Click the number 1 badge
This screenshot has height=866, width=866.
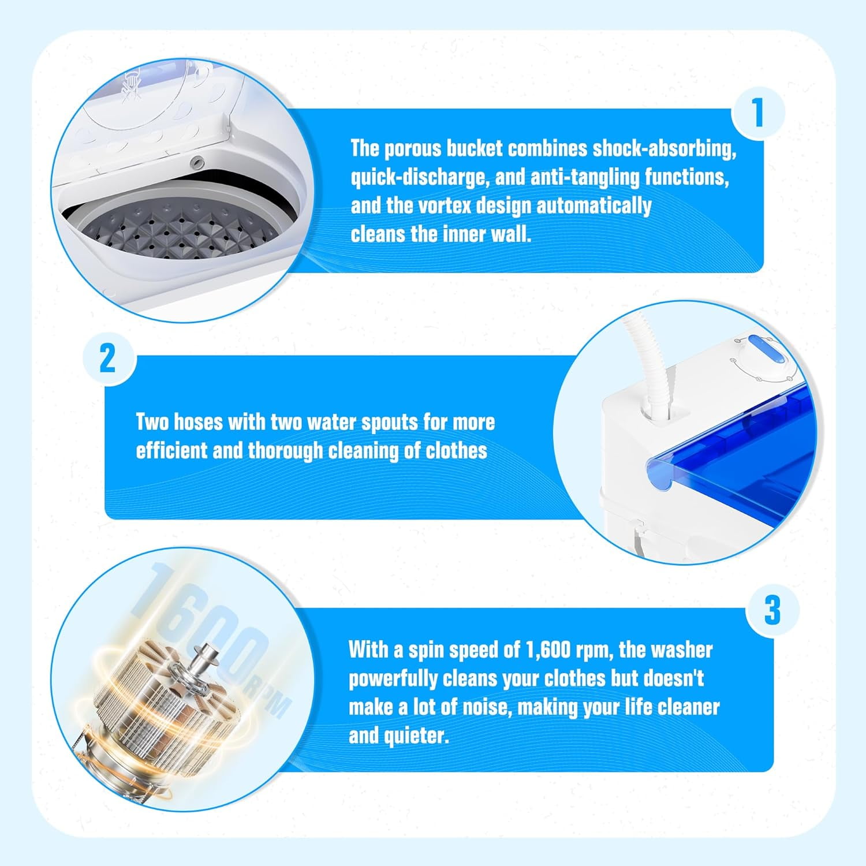click(x=758, y=113)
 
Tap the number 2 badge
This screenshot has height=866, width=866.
click(x=108, y=359)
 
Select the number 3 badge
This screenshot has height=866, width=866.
click(x=772, y=610)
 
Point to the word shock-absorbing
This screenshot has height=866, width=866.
click(x=664, y=149)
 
